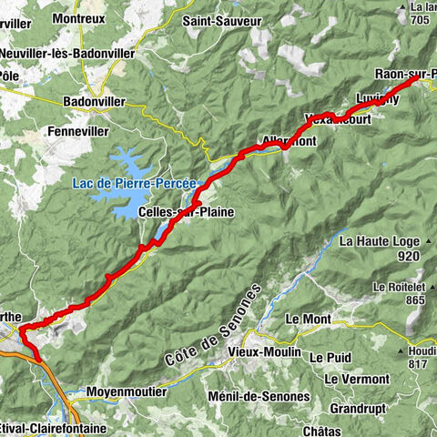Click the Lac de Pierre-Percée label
coord(134,183)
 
